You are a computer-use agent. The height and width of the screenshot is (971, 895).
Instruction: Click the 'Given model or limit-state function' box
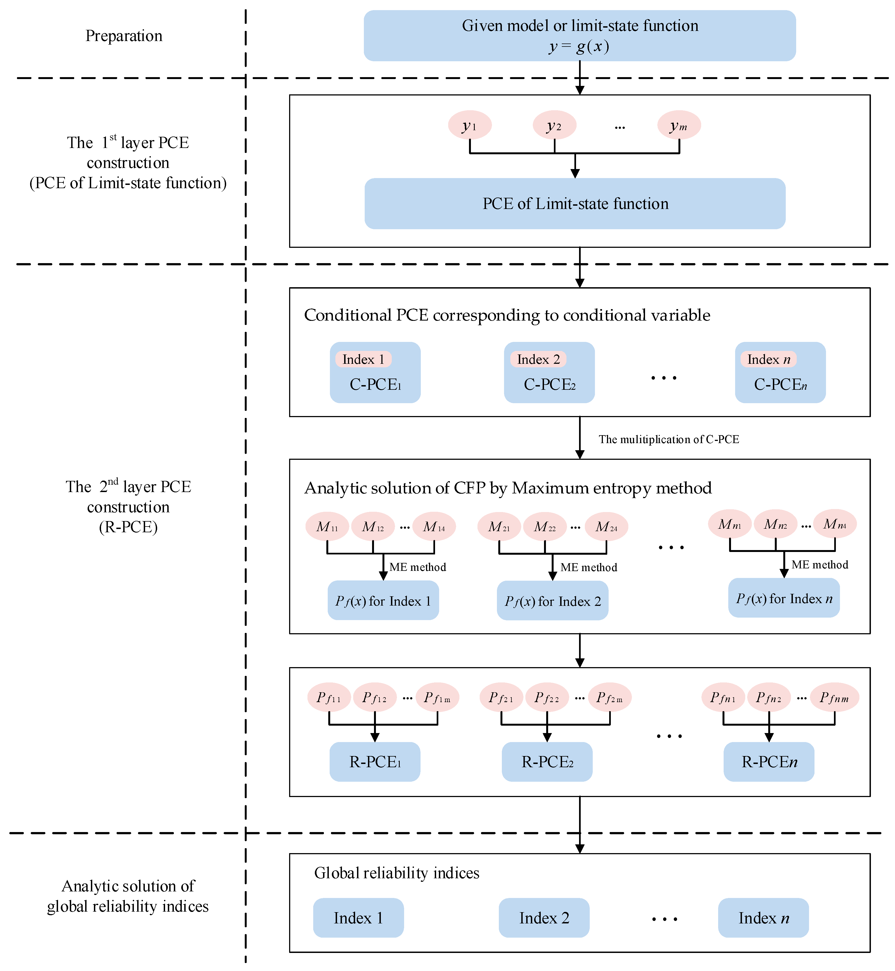pos(580,36)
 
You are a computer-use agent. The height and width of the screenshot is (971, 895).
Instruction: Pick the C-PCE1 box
pos(375,373)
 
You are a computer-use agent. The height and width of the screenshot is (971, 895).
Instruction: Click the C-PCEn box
pos(780,373)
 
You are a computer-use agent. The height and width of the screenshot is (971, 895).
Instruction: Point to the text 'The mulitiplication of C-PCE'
pos(669,439)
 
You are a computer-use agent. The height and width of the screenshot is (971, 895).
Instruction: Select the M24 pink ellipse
pos(606,526)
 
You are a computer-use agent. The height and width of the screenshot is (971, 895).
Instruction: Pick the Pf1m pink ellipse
pos(437,697)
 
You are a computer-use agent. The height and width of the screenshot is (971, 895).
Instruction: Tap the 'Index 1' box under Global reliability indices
pos(358,918)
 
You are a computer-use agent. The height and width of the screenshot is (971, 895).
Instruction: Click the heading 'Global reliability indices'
pos(397,873)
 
